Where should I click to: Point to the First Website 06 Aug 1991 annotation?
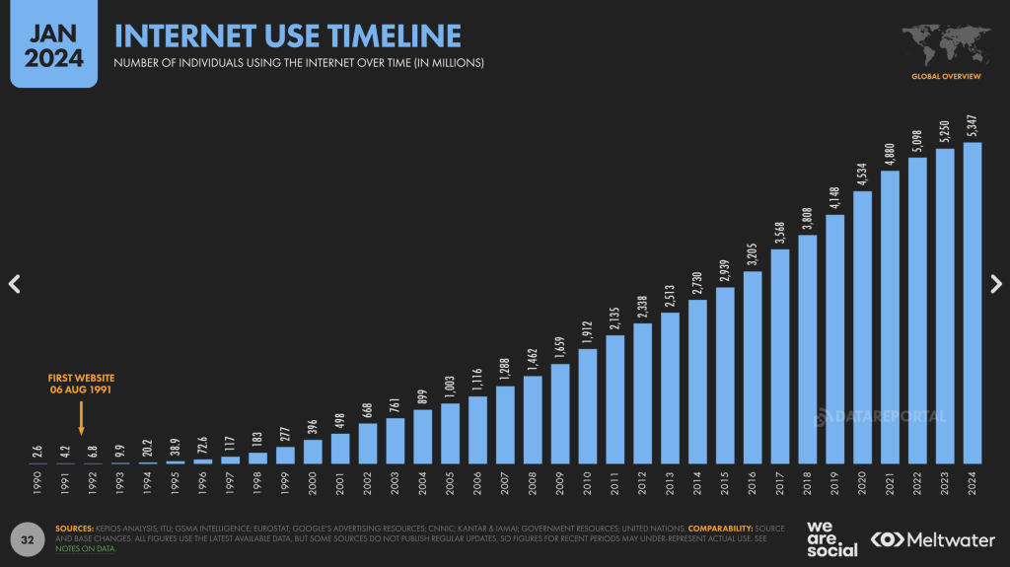81,384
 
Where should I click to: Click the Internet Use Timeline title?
288,36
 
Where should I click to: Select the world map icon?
946,42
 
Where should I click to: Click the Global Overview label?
946,76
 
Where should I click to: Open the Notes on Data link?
86,548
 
